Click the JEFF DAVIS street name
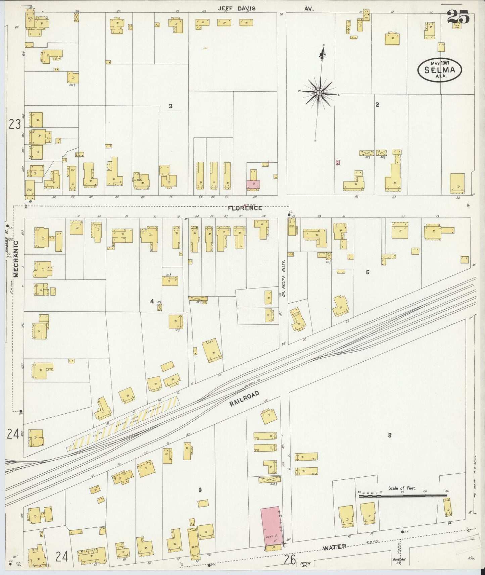tap(237, 9)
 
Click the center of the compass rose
tap(319, 92)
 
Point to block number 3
tap(171, 106)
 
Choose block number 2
tap(377, 105)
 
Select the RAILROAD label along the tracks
tap(245, 399)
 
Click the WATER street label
tap(334, 547)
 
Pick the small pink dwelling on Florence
tap(253, 185)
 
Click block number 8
tap(389, 436)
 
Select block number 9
tap(200, 490)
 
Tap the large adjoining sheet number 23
tap(15, 124)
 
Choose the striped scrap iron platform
tap(123, 424)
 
